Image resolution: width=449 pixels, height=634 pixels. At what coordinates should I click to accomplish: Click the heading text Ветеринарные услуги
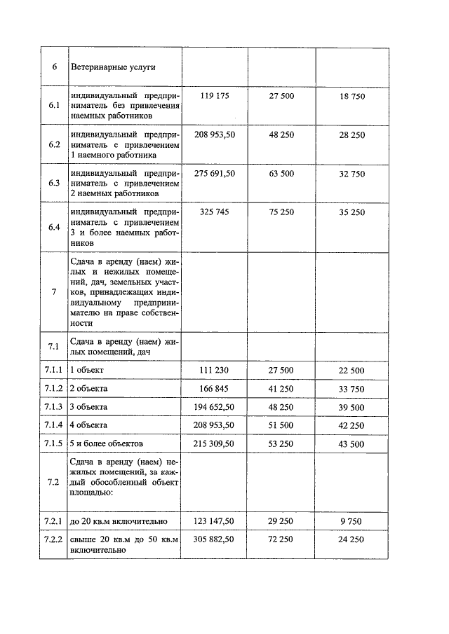[x=113, y=67]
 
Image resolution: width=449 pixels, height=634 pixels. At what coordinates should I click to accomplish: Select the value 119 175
[x=214, y=95]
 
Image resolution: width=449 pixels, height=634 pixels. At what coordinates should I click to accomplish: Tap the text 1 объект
[x=88, y=370]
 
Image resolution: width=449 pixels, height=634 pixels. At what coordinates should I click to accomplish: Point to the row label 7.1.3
[x=54, y=407]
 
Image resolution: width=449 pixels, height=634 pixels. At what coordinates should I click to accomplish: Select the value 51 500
[x=282, y=425]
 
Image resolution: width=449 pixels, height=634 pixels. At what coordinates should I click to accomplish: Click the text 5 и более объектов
[x=107, y=443]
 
